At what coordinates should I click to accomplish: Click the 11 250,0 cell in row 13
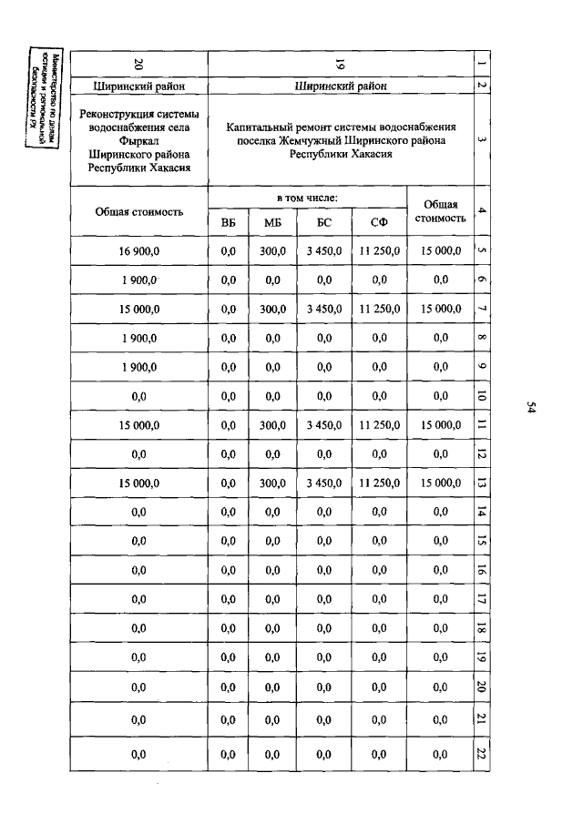(x=379, y=483)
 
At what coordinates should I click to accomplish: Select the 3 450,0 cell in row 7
(x=324, y=309)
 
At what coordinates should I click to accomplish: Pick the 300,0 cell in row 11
(x=272, y=424)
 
